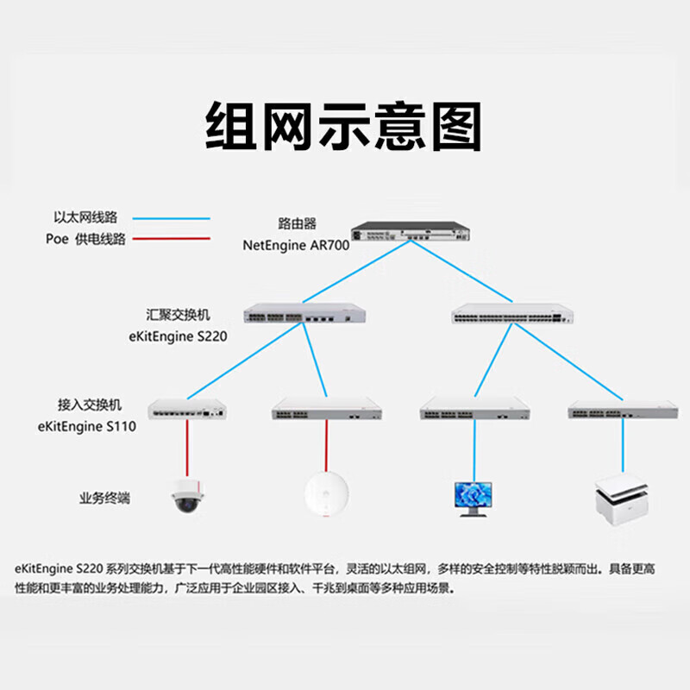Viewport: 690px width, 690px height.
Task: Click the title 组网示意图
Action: coord(343,126)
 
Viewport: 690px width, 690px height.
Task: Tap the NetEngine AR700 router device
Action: coord(411,231)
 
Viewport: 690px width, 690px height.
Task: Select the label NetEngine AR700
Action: coord(296,245)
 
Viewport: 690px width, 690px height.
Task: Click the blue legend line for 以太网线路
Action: coord(171,218)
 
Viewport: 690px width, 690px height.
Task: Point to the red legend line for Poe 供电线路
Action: coord(171,239)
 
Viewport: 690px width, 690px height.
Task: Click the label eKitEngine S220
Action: coord(178,336)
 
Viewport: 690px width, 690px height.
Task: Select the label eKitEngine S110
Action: coord(87,426)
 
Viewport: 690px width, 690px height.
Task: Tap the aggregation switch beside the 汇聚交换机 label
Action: coord(304,313)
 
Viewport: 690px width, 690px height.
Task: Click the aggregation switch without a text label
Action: coord(512,313)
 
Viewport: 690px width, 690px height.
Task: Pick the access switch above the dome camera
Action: coord(187,409)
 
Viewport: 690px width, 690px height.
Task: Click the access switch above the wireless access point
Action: coord(327,409)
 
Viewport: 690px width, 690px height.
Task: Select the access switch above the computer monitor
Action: coord(475,409)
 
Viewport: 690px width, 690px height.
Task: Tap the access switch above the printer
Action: coord(623,409)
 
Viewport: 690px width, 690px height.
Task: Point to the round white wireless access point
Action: coord(327,493)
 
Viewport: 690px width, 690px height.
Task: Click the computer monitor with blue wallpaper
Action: coord(473,499)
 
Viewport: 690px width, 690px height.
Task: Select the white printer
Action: coord(621,500)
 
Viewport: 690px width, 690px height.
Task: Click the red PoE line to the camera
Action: coord(187,448)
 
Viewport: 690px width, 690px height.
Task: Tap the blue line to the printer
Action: coord(623,446)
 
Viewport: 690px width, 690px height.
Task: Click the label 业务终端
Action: coord(104,499)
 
